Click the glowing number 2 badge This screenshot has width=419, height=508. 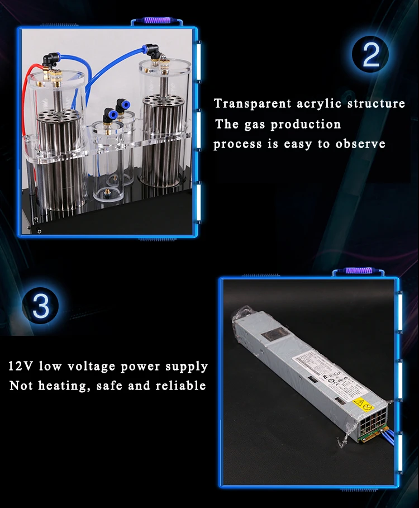[371, 54]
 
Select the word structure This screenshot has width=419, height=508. [376, 103]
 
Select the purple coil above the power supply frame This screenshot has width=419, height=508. [359, 271]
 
